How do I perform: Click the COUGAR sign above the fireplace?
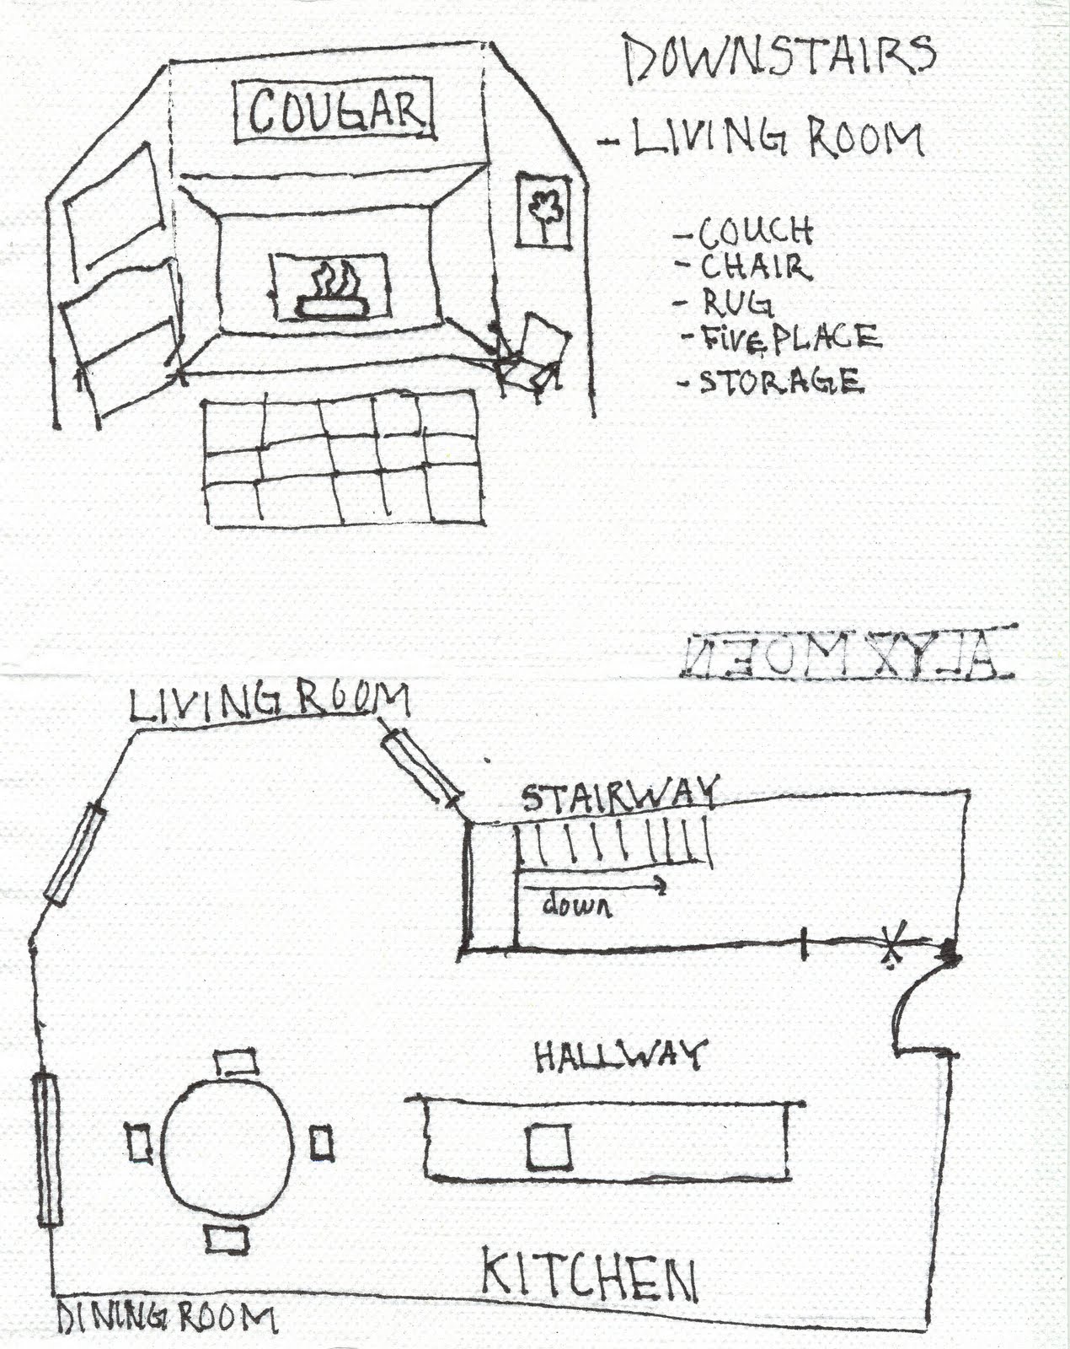coord(334,110)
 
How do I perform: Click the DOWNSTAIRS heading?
coord(780,56)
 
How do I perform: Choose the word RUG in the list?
coord(738,303)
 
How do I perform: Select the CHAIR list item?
coord(755,268)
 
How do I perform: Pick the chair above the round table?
coord(235,1061)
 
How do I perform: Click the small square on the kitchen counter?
coord(548,1147)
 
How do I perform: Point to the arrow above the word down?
coord(594,886)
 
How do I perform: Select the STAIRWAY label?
coord(620,794)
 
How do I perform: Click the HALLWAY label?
coord(620,1055)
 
